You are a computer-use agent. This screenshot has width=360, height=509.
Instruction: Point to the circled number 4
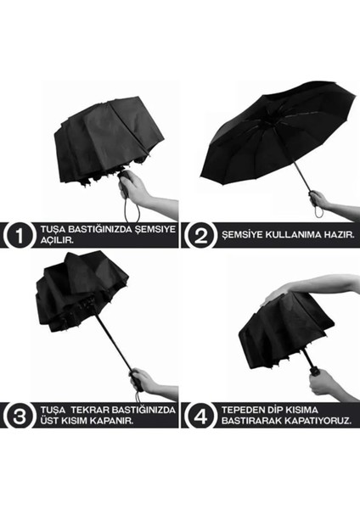198,415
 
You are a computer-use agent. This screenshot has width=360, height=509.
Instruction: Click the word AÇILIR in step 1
53,241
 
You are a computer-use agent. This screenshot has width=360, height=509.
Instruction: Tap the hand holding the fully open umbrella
320,201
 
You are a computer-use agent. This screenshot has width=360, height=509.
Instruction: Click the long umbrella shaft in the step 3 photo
115,339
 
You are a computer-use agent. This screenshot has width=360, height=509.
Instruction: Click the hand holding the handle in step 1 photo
136,188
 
